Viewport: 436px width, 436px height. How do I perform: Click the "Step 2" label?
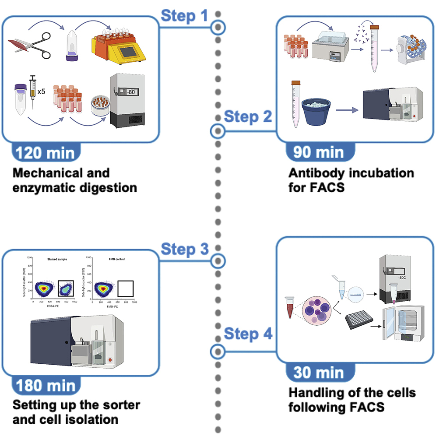coord(248,117)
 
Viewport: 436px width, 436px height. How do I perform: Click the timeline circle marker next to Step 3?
coord(218,261)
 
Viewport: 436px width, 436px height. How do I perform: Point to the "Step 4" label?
coord(248,334)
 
